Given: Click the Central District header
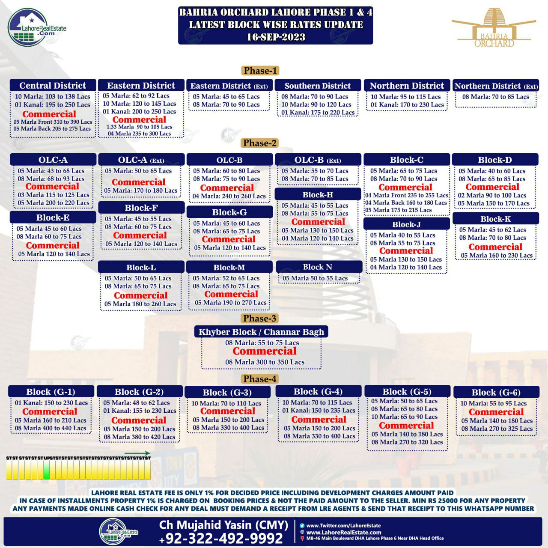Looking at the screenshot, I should click(53, 85).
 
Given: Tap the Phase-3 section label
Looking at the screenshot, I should click(259, 318).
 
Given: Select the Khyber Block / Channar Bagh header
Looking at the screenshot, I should click(261, 332).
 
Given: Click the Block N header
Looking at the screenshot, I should click(318, 267).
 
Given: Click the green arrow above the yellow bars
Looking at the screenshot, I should click(137, 453).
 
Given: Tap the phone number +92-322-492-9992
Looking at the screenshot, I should click(221, 538).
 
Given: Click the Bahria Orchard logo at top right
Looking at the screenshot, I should click(494, 28).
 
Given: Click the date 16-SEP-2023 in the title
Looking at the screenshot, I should click(276, 37).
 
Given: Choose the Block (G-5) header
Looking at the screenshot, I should click(407, 391).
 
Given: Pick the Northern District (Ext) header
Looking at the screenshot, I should click(496, 86).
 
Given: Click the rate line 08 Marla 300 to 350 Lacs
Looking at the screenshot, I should click(265, 362).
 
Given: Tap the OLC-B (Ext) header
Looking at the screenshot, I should click(318, 160).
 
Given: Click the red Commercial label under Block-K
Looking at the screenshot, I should click(495, 247).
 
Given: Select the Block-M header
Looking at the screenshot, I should click(229, 268).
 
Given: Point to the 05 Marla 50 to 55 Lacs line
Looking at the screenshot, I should click(315, 278).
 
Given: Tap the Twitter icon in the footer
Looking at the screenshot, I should click(302, 525).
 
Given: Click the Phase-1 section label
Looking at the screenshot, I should click(260, 71).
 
